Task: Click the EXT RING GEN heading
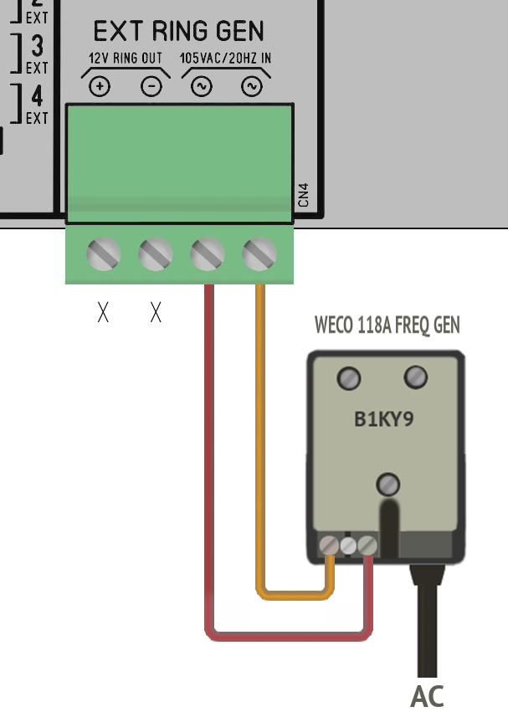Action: [x=178, y=32]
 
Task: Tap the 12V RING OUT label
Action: [x=126, y=59]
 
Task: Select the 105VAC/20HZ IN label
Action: [x=226, y=59]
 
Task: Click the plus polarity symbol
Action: [x=100, y=86]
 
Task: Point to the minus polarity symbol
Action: [x=151, y=86]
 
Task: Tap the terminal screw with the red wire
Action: [x=208, y=254]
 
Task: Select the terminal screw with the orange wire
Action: [x=259, y=254]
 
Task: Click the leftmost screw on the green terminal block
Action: [x=103, y=254]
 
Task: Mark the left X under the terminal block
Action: [x=103, y=313]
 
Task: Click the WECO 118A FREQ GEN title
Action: [x=387, y=325]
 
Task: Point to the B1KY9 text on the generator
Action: [x=383, y=418]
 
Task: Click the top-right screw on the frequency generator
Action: [x=415, y=377]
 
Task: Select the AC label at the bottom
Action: [x=427, y=696]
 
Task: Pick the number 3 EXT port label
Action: [x=36, y=52]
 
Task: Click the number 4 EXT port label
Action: [x=36, y=103]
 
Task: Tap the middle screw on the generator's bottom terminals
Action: [x=348, y=545]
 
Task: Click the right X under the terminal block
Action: [x=155, y=313]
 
